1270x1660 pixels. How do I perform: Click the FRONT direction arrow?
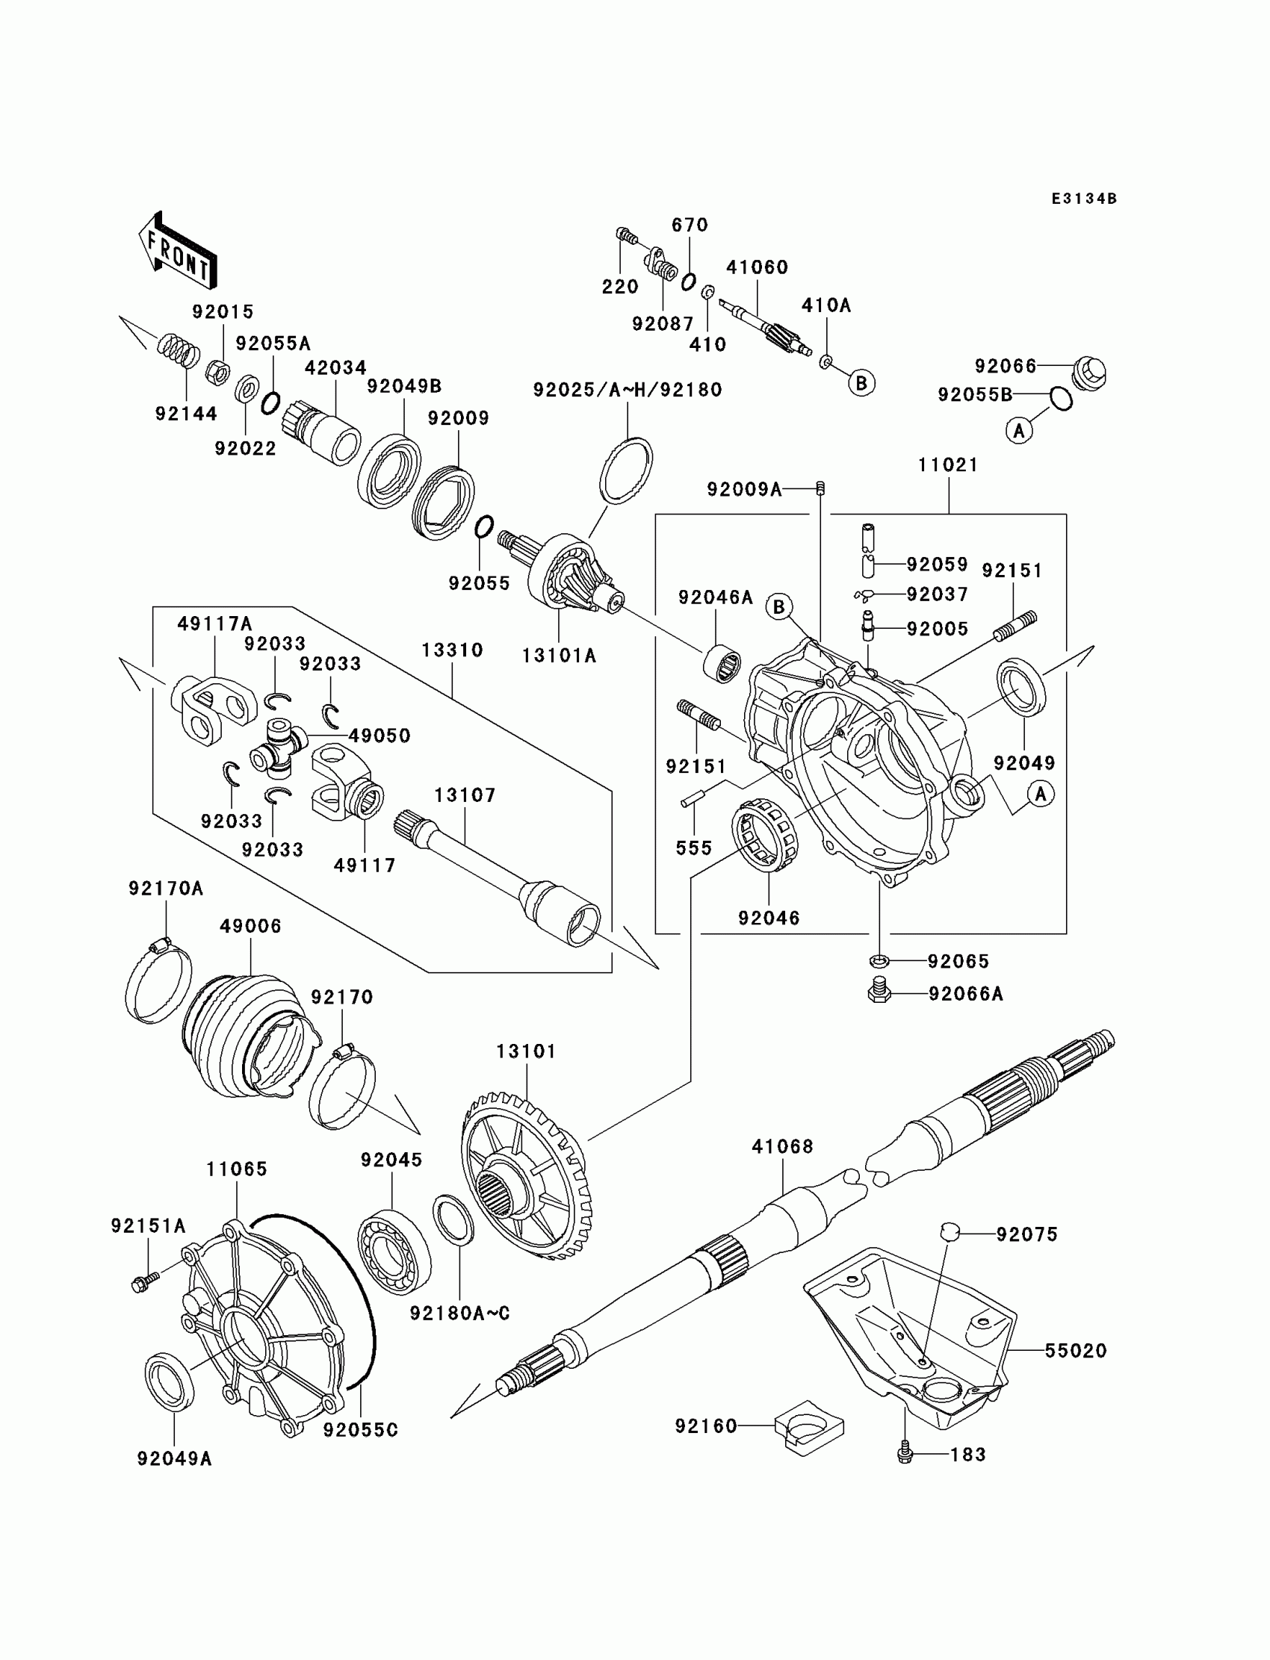[178, 250]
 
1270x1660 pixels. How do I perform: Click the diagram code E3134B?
[1084, 199]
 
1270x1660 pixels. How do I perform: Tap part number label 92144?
[186, 413]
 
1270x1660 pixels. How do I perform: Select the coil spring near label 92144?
[179, 349]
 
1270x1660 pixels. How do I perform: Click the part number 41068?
[782, 1146]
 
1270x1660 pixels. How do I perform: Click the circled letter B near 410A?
[861, 383]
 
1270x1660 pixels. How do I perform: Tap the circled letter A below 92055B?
[1019, 431]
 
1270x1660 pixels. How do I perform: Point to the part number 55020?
[1076, 1350]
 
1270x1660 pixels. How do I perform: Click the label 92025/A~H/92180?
[628, 390]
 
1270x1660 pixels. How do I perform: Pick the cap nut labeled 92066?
[1089, 370]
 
